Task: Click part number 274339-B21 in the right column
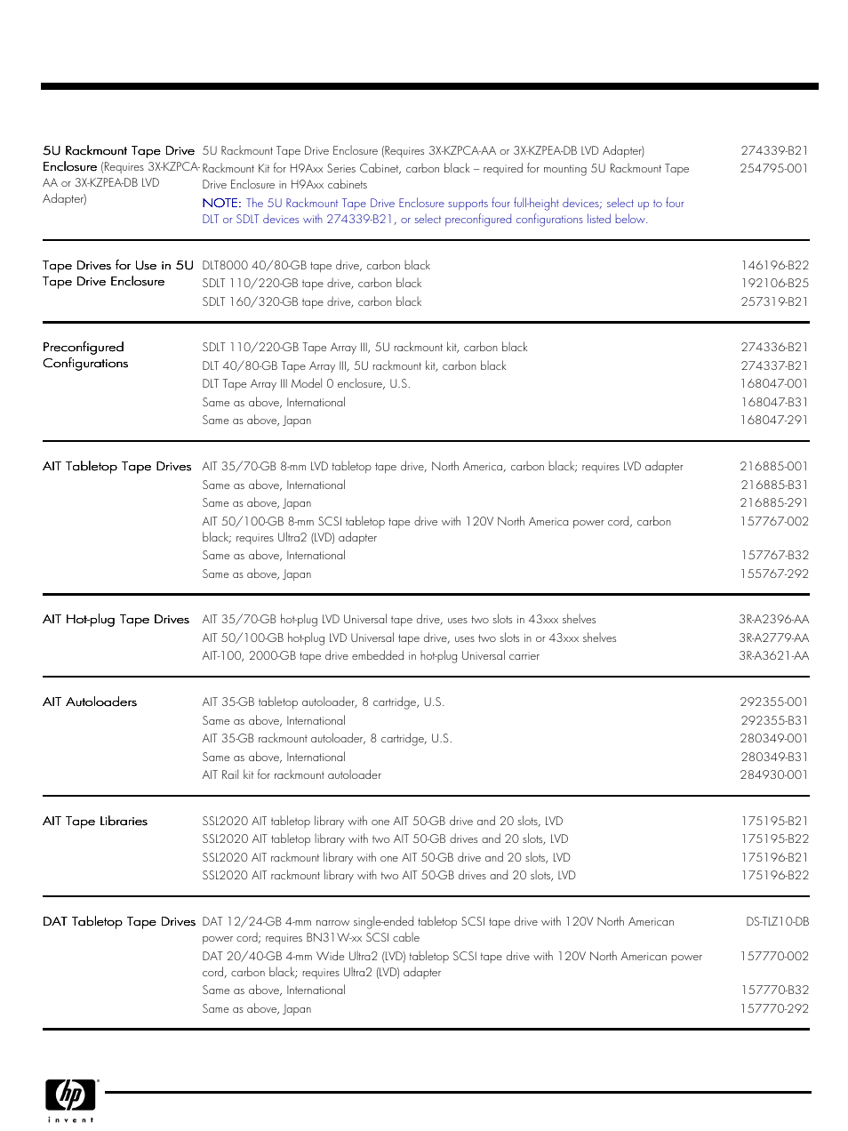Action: click(774, 151)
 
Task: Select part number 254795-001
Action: click(773, 169)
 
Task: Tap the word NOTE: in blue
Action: click(221, 204)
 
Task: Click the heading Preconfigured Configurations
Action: click(85, 356)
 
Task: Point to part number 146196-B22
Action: click(774, 266)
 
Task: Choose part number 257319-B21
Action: click(774, 302)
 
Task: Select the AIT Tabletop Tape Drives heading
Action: click(117, 467)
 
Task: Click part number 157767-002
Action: click(774, 522)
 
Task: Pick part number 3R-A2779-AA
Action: click(773, 638)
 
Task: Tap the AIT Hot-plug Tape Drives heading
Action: click(116, 620)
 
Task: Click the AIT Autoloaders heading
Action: click(90, 702)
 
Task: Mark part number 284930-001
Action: click(773, 775)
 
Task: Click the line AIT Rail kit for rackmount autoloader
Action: click(292, 775)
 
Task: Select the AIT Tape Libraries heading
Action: click(95, 822)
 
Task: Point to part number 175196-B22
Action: click(774, 876)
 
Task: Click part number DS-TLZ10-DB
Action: click(777, 922)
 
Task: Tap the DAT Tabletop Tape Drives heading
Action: click(119, 922)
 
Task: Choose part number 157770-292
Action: click(774, 1009)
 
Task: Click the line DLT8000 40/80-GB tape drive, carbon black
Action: click(316, 266)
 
